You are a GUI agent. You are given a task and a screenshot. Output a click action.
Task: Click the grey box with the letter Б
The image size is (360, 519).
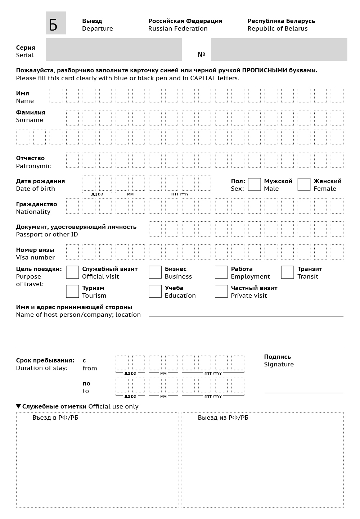click(56, 23)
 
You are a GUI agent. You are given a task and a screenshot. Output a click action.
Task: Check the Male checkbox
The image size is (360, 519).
click(254, 185)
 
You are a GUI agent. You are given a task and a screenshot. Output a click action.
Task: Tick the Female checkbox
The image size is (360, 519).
click(304, 185)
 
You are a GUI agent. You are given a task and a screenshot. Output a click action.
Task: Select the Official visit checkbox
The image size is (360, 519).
click(72, 272)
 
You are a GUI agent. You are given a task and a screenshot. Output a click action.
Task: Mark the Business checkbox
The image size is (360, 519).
click(155, 272)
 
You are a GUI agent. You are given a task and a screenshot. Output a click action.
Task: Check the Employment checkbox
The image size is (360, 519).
click(221, 272)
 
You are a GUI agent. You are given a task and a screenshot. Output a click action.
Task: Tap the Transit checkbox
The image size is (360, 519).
click(287, 272)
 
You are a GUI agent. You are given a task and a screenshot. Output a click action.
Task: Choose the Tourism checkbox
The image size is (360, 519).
click(72, 292)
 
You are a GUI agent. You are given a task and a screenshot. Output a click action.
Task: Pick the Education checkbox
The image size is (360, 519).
click(155, 292)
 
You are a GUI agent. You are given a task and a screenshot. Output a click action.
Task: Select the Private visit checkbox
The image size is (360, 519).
click(221, 292)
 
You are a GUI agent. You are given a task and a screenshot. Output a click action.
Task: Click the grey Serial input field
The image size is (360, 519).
click(114, 50)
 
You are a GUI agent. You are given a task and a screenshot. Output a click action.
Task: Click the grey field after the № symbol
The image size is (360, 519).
click(279, 50)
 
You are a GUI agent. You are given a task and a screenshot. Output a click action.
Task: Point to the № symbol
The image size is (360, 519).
click(201, 55)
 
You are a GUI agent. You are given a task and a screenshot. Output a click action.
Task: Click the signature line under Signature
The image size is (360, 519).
click(304, 392)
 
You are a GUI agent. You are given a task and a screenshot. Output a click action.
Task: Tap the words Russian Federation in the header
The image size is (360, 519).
click(178, 29)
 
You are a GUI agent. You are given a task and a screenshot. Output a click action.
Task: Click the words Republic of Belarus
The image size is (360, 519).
click(278, 29)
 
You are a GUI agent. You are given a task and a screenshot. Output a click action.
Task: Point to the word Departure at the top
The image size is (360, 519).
click(97, 29)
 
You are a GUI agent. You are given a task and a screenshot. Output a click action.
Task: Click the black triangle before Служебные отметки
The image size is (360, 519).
click(18, 406)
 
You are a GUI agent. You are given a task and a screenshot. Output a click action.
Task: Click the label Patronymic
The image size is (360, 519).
click(33, 166)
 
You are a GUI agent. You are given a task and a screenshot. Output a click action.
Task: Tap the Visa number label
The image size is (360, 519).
click(35, 257)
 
